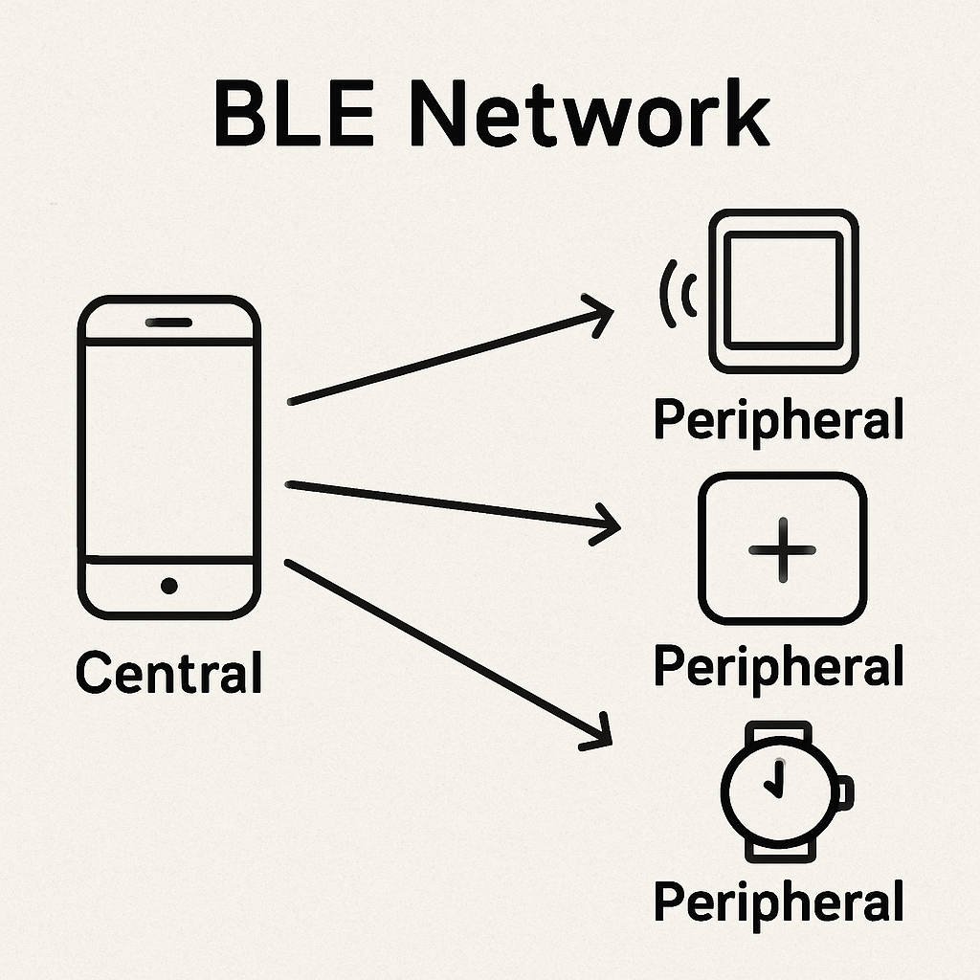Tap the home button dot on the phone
click(169, 585)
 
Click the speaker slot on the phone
click(168, 323)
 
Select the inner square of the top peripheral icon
click(783, 289)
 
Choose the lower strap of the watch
click(781, 847)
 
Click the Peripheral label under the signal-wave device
click(778, 420)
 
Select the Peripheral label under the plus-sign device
click(778, 665)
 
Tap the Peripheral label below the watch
click(778, 902)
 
